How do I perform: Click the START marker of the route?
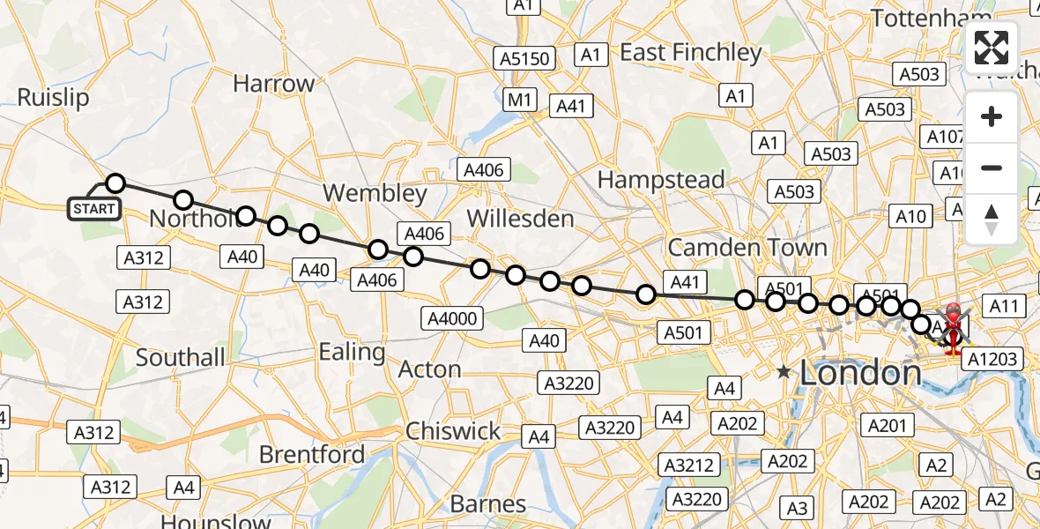(93, 209)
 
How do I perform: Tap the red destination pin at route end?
(954, 328)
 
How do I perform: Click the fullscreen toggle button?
(992, 48)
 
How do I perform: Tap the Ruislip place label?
(53, 97)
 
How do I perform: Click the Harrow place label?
(273, 84)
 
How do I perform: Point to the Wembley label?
(375, 193)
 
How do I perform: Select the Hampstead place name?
(661, 180)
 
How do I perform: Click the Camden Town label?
(747, 247)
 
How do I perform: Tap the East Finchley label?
(690, 53)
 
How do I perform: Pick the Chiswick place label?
(453, 431)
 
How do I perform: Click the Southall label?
(181, 358)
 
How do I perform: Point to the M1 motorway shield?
(519, 101)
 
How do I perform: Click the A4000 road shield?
(452, 318)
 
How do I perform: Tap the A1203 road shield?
(992, 359)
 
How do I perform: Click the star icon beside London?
(784, 373)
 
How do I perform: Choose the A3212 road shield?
(690, 465)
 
